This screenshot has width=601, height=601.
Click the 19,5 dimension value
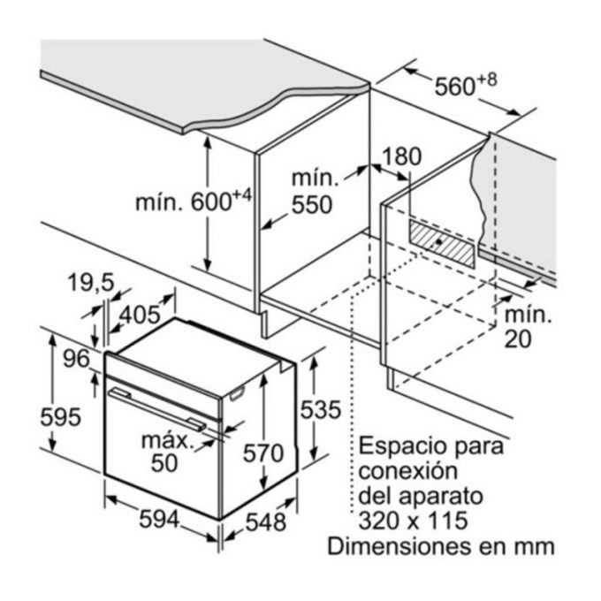(x=91, y=283)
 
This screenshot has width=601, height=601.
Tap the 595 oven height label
(x=62, y=415)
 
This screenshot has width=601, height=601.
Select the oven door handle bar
(x=164, y=409)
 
